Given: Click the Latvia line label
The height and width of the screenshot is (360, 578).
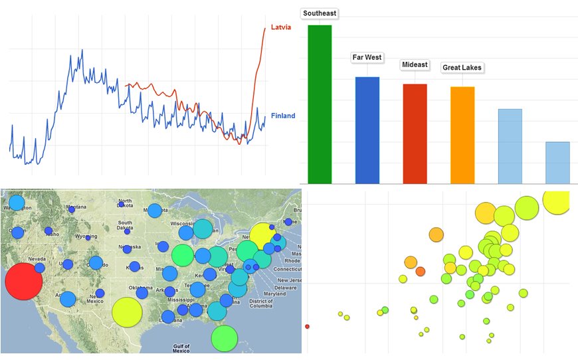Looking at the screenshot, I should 281,28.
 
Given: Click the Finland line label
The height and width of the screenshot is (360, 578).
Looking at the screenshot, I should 282,116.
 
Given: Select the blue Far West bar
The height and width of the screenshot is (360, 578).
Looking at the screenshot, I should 367,130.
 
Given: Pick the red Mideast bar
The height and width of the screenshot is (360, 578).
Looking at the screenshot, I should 415,134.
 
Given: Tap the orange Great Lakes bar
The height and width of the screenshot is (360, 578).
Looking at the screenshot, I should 462,135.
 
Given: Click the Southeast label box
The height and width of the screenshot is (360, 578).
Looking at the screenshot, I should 320,13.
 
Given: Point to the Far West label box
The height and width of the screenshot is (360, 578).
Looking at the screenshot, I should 367,58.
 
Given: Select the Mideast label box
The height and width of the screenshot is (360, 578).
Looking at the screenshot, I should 415,65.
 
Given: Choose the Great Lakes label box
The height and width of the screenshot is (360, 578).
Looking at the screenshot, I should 462,68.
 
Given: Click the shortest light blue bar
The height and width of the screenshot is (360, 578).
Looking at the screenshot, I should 557,163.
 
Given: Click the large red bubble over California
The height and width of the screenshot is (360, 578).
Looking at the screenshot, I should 23,282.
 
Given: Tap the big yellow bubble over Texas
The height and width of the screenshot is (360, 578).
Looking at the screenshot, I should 127,312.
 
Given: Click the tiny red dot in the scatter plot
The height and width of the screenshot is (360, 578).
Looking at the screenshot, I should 307,326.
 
